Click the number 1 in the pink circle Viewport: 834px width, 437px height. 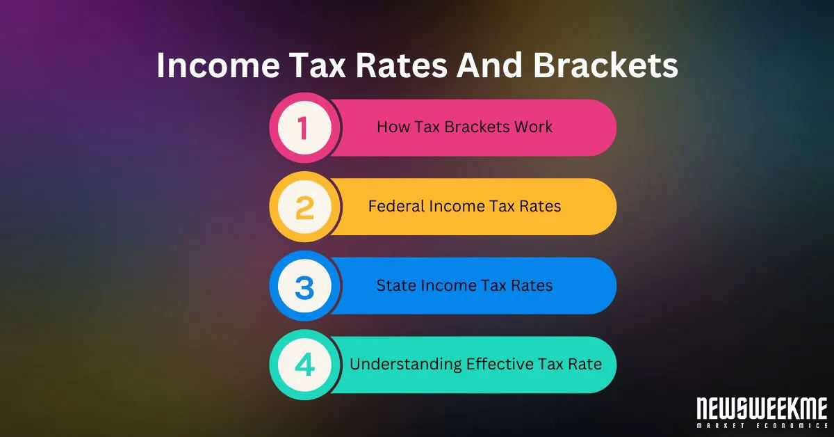tap(304, 129)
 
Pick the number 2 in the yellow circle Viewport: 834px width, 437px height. tap(304, 208)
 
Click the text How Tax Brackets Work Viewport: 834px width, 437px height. tap(464, 127)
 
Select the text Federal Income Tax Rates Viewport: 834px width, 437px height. tap(464, 207)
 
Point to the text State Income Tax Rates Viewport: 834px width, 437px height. tap(464, 285)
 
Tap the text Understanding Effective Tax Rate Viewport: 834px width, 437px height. tap(475, 364)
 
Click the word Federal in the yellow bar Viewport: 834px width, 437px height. tap(393, 207)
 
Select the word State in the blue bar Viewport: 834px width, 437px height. tap(393, 285)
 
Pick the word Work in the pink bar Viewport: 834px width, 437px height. tap(534, 127)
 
